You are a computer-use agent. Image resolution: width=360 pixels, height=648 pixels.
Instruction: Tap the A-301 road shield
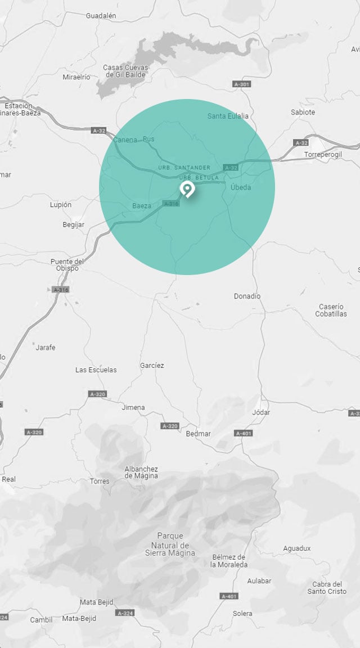(x=241, y=84)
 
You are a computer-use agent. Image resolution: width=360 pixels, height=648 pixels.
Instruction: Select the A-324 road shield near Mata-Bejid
(x=124, y=612)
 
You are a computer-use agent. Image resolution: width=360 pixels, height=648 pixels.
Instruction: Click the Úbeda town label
(x=241, y=187)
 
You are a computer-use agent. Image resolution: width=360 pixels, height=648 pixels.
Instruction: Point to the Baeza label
(x=142, y=206)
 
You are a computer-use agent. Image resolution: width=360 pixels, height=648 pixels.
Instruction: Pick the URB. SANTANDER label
(x=184, y=168)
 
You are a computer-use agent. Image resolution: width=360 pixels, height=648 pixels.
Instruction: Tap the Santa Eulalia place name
(x=228, y=116)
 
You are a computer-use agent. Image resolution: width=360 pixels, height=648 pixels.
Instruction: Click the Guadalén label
(x=101, y=16)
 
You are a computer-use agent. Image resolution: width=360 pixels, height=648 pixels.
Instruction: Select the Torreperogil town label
(x=323, y=154)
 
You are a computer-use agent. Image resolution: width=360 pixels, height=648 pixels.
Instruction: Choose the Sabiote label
(x=303, y=112)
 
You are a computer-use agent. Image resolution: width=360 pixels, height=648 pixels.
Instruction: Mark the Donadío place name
(x=247, y=296)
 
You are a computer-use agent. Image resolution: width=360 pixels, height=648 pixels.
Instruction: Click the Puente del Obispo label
(x=67, y=264)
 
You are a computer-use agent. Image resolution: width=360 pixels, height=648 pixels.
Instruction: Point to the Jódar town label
(x=261, y=412)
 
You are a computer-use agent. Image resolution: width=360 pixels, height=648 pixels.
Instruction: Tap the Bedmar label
(x=198, y=434)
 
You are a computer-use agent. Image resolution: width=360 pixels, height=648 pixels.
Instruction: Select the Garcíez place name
(x=152, y=366)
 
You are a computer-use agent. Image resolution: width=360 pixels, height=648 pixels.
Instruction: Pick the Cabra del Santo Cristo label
(x=327, y=587)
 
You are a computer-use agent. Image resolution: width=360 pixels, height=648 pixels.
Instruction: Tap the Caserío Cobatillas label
(x=332, y=310)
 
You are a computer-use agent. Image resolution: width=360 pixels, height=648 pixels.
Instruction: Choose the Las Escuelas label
(x=96, y=370)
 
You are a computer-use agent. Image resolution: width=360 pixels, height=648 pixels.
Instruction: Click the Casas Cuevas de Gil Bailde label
(x=125, y=71)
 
